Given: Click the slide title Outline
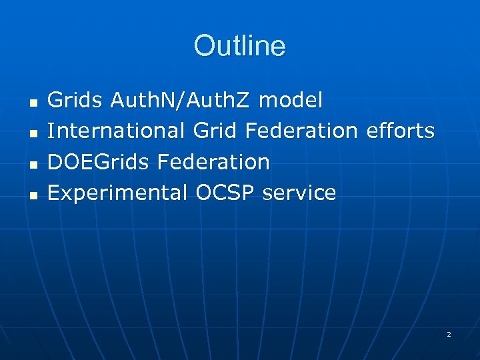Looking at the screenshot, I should coord(239,46).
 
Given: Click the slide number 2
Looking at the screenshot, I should coord(449,333).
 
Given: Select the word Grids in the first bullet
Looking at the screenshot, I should coord(76,101).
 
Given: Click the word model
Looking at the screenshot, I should coord(291,101).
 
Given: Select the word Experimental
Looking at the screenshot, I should coord(118,193).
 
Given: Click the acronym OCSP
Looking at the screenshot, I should coord(225,193).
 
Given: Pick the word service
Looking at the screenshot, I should coord(299,193).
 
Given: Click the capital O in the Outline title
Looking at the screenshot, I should coord(203,46).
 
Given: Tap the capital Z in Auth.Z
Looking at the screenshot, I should coord(244,101).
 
